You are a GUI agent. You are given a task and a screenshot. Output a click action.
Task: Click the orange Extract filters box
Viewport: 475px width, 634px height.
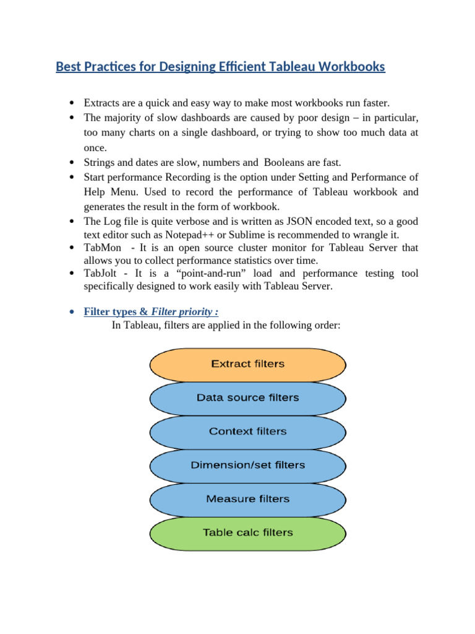(x=247, y=364)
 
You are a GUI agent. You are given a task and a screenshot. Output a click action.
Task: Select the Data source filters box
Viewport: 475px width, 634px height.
(x=247, y=397)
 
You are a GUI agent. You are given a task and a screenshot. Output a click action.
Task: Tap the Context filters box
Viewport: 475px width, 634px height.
(x=247, y=432)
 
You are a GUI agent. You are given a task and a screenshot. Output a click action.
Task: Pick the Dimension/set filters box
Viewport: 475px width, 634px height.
(x=247, y=465)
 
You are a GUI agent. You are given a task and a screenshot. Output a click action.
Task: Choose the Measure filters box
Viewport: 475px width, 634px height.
(x=247, y=498)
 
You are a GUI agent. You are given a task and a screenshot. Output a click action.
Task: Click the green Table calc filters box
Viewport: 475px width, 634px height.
(x=247, y=532)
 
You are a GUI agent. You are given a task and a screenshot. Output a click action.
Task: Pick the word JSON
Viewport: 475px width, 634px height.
(x=275, y=222)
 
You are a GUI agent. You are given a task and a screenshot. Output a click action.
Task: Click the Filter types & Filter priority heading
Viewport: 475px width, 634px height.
(x=151, y=311)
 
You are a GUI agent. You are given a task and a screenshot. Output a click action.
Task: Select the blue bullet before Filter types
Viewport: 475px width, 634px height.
(x=72, y=311)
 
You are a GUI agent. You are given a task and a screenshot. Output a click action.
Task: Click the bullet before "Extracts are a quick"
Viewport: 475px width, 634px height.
(x=72, y=103)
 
